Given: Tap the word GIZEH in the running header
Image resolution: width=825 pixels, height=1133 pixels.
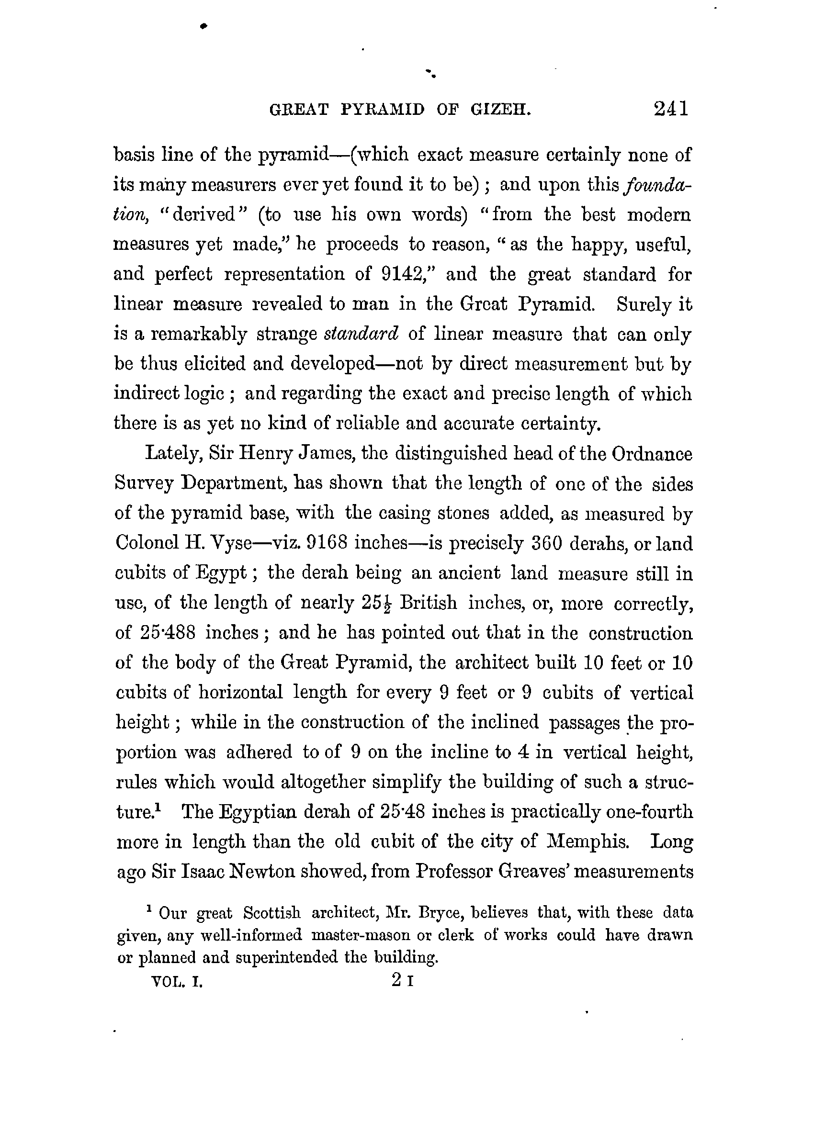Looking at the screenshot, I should pos(500,110).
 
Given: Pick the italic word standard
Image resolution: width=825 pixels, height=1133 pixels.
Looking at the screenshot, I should pos(362,334).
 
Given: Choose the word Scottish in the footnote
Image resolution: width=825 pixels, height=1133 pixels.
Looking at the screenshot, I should pos(272,913).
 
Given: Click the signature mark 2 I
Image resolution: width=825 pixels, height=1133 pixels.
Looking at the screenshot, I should pos(403,981).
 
